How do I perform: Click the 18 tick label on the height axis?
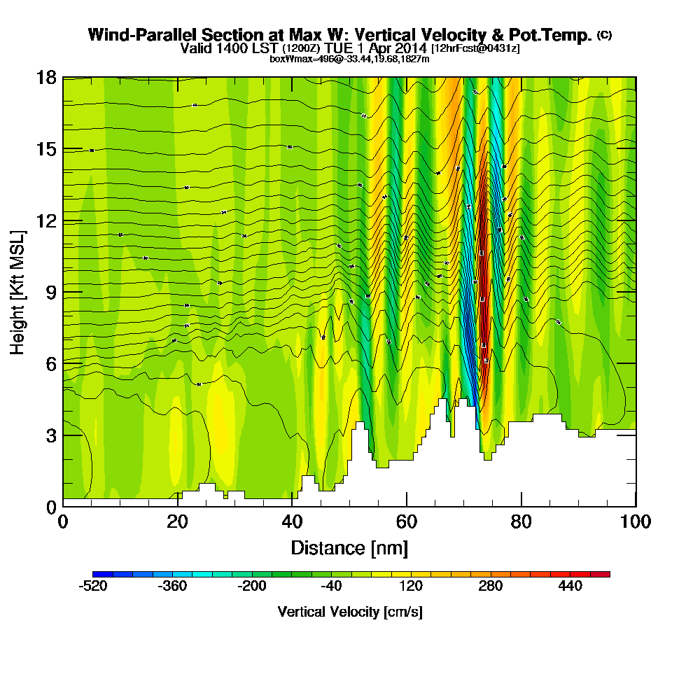pyautogui.click(x=46, y=78)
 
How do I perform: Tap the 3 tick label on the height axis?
pyautogui.click(x=50, y=435)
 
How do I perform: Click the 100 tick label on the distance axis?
pyautogui.click(x=635, y=522)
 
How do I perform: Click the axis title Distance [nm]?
pyautogui.click(x=349, y=547)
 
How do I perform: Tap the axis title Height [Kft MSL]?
pyautogui.click(x=18, y=292)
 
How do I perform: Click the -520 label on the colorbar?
pyautogui.click(x=93, y=587)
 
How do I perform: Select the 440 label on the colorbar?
pyautogui.click(x=570, y=587)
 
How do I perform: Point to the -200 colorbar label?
pyautogui.click(x=252, y=587)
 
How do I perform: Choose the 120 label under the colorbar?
pyautogui.click(x=411, y=587)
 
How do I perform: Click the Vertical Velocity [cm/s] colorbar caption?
pyautogui.click(x=349, y=612)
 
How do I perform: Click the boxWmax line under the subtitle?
pyautogui.click(x=349, y=59)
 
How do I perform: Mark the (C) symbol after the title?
pyautogui.click(x=604, y=34)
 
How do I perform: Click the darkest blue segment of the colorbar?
pyautogui.click(x=98, y=574)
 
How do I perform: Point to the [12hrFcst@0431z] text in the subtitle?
pyautogui.click(x=475, y=48)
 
